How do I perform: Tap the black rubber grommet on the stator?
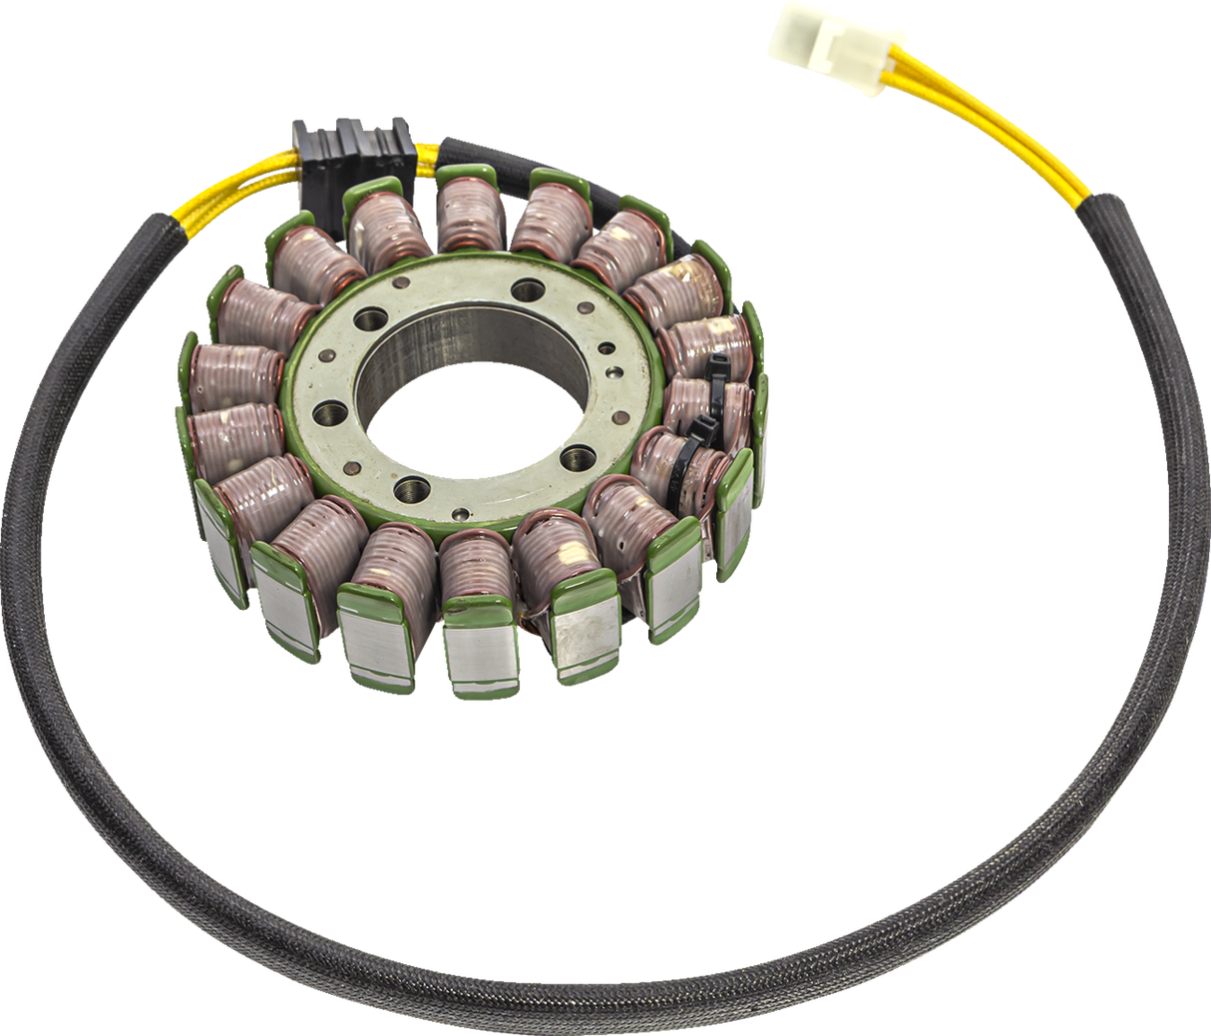[x=350, y=146]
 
